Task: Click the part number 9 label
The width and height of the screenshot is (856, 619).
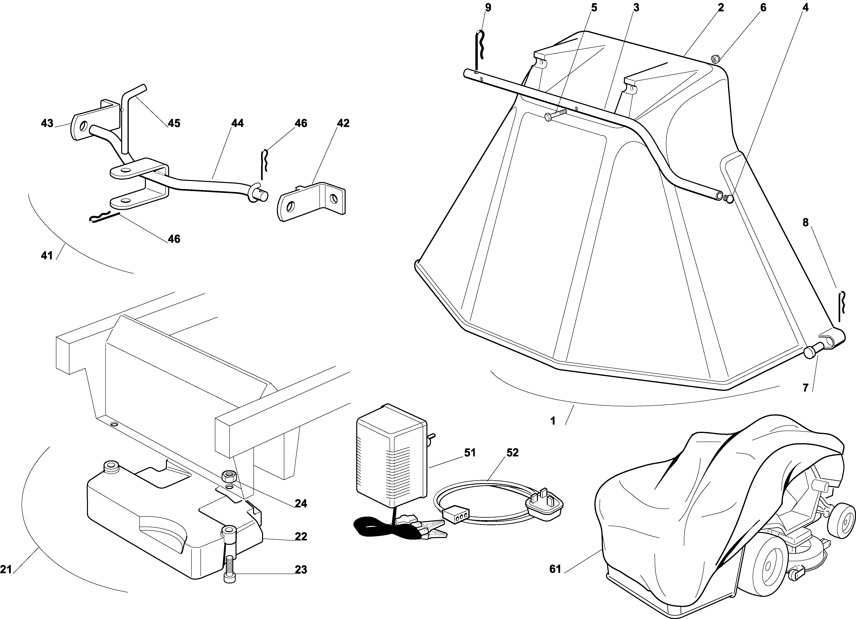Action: [x=488, y=8]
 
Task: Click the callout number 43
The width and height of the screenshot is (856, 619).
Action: [x=47, y=123]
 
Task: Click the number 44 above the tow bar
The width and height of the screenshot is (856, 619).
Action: [x=237, y=123]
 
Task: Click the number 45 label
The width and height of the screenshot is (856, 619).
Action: [x=174, y=123]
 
